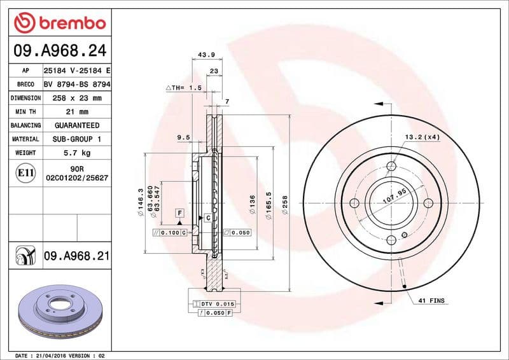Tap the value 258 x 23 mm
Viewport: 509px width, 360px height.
tap(76, 98)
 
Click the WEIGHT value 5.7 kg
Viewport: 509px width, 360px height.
tap(76, 153)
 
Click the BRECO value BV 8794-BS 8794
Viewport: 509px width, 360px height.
tap(76, 84)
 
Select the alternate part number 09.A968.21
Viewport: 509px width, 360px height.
tap(76, 256)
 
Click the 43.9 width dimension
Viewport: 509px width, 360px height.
tap(205, 55)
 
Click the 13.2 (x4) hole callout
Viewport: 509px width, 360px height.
tap(422, 137)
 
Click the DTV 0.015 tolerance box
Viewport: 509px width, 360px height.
tap(220, 304)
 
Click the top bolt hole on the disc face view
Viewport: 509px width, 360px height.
tap(391, 167)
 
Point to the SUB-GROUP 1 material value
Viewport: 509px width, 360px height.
tap(76, 139)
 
